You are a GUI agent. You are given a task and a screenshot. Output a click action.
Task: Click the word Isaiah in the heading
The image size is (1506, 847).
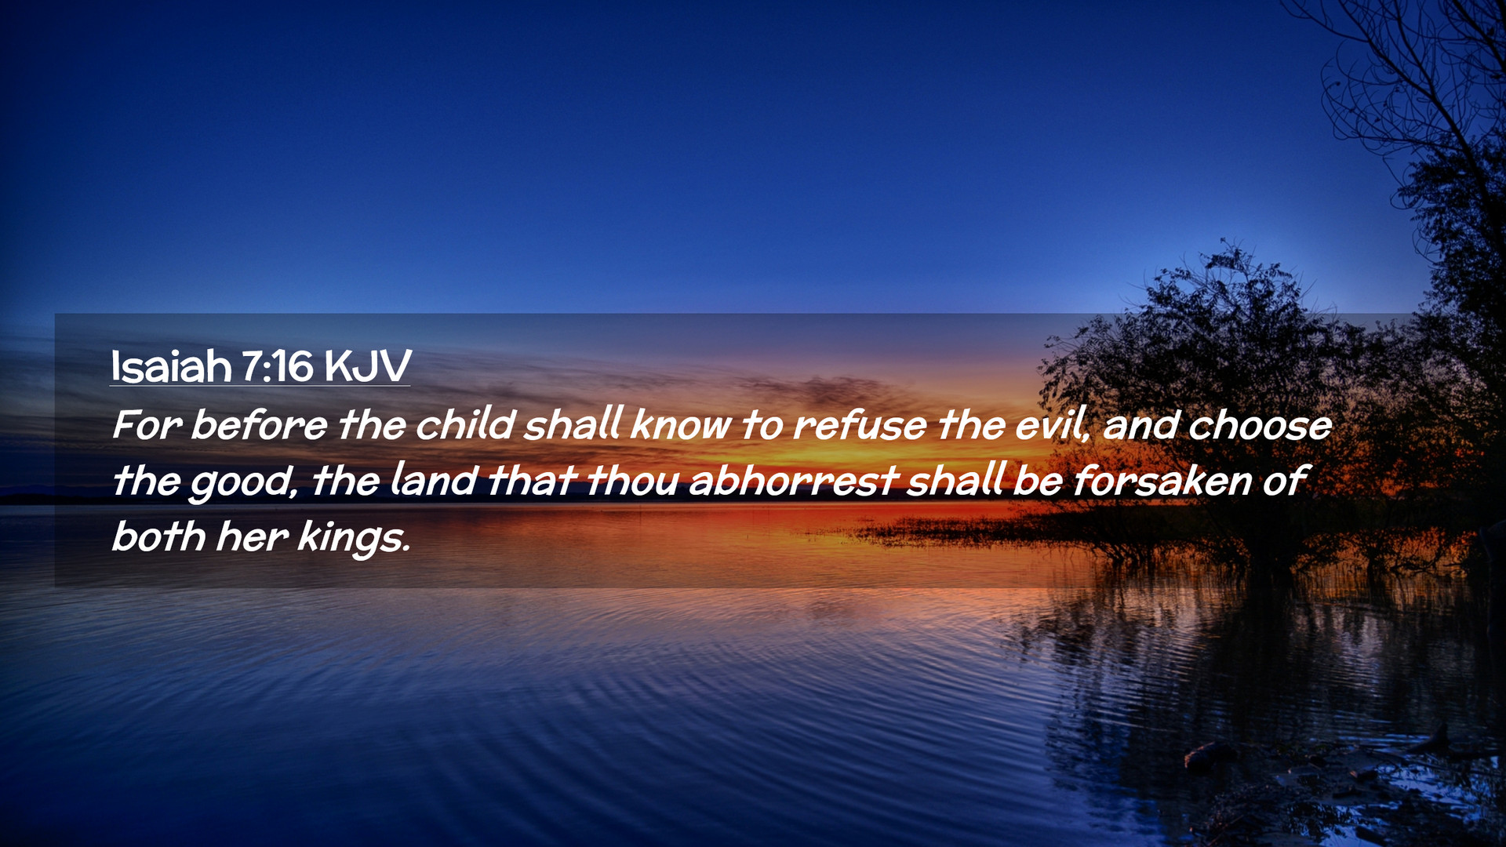pyautogui.click(x=171, y=365)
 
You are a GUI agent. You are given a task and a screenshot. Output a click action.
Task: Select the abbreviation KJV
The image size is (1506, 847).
pyautogui.click(x=367, y=366)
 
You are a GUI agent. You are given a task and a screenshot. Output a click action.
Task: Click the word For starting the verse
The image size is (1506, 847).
pyautogui.click(x=147, y=425)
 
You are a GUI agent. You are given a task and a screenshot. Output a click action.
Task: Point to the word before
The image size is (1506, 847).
pyautogui.click(x=259, y=424)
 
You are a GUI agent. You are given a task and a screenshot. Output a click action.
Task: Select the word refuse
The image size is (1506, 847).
pyautogui.click(x=860, y=424)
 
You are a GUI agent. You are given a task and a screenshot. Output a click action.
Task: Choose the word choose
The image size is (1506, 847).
pyautogui.click(x=1260, y=425)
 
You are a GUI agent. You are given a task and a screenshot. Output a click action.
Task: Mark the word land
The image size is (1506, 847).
pyautogui.click(x=434, y=480)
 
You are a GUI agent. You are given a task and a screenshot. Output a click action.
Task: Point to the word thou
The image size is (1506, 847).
pyautogui.click(x=632, y=480)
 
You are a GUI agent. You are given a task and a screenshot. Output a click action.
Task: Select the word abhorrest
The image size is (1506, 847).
pyautogui.click(x=793, y=480)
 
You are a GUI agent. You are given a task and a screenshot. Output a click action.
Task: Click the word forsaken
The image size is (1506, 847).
pyautogui.click(x=1162, y=480)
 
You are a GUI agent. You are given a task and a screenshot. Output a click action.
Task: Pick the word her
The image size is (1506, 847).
pyautogui.click(x=252, y=536)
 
